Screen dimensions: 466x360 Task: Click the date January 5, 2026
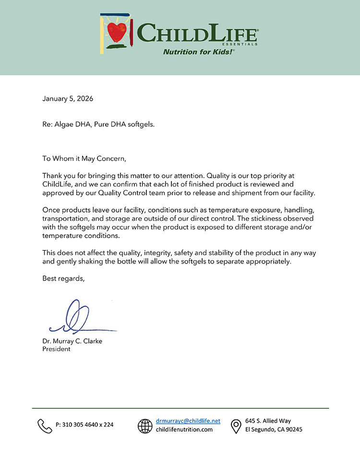tap(68, 99)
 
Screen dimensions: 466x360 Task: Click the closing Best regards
tap(63, 278)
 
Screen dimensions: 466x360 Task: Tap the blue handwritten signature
tap(77, 319)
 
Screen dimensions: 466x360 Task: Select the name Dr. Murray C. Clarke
tap(72, 341)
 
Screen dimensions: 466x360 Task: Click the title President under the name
tap(57, 349)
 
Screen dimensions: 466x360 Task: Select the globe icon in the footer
tap(145, 426)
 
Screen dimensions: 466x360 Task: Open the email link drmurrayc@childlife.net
tap(188, 421)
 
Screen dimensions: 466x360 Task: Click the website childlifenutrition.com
tap(184, 430)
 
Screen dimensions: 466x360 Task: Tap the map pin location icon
tap(236, 426)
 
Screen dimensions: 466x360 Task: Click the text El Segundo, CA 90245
tap(274, 430)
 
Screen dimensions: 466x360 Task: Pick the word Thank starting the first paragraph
tap(52, 176)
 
